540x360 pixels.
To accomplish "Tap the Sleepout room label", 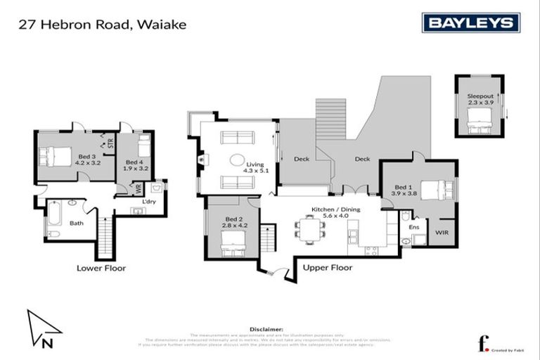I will [x=480, y=99].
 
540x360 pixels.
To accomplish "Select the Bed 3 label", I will [x=86, y=160].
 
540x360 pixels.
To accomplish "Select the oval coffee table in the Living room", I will [x=238, y=160].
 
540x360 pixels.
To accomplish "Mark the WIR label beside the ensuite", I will [x=442, y=231].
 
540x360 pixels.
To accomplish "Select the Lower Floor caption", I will [x=96, y=268].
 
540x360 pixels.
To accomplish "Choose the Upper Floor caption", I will [x=327, y=268].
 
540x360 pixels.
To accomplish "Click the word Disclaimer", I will [x=266, y=328].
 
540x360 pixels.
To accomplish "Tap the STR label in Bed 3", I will [x=110, y=145].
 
